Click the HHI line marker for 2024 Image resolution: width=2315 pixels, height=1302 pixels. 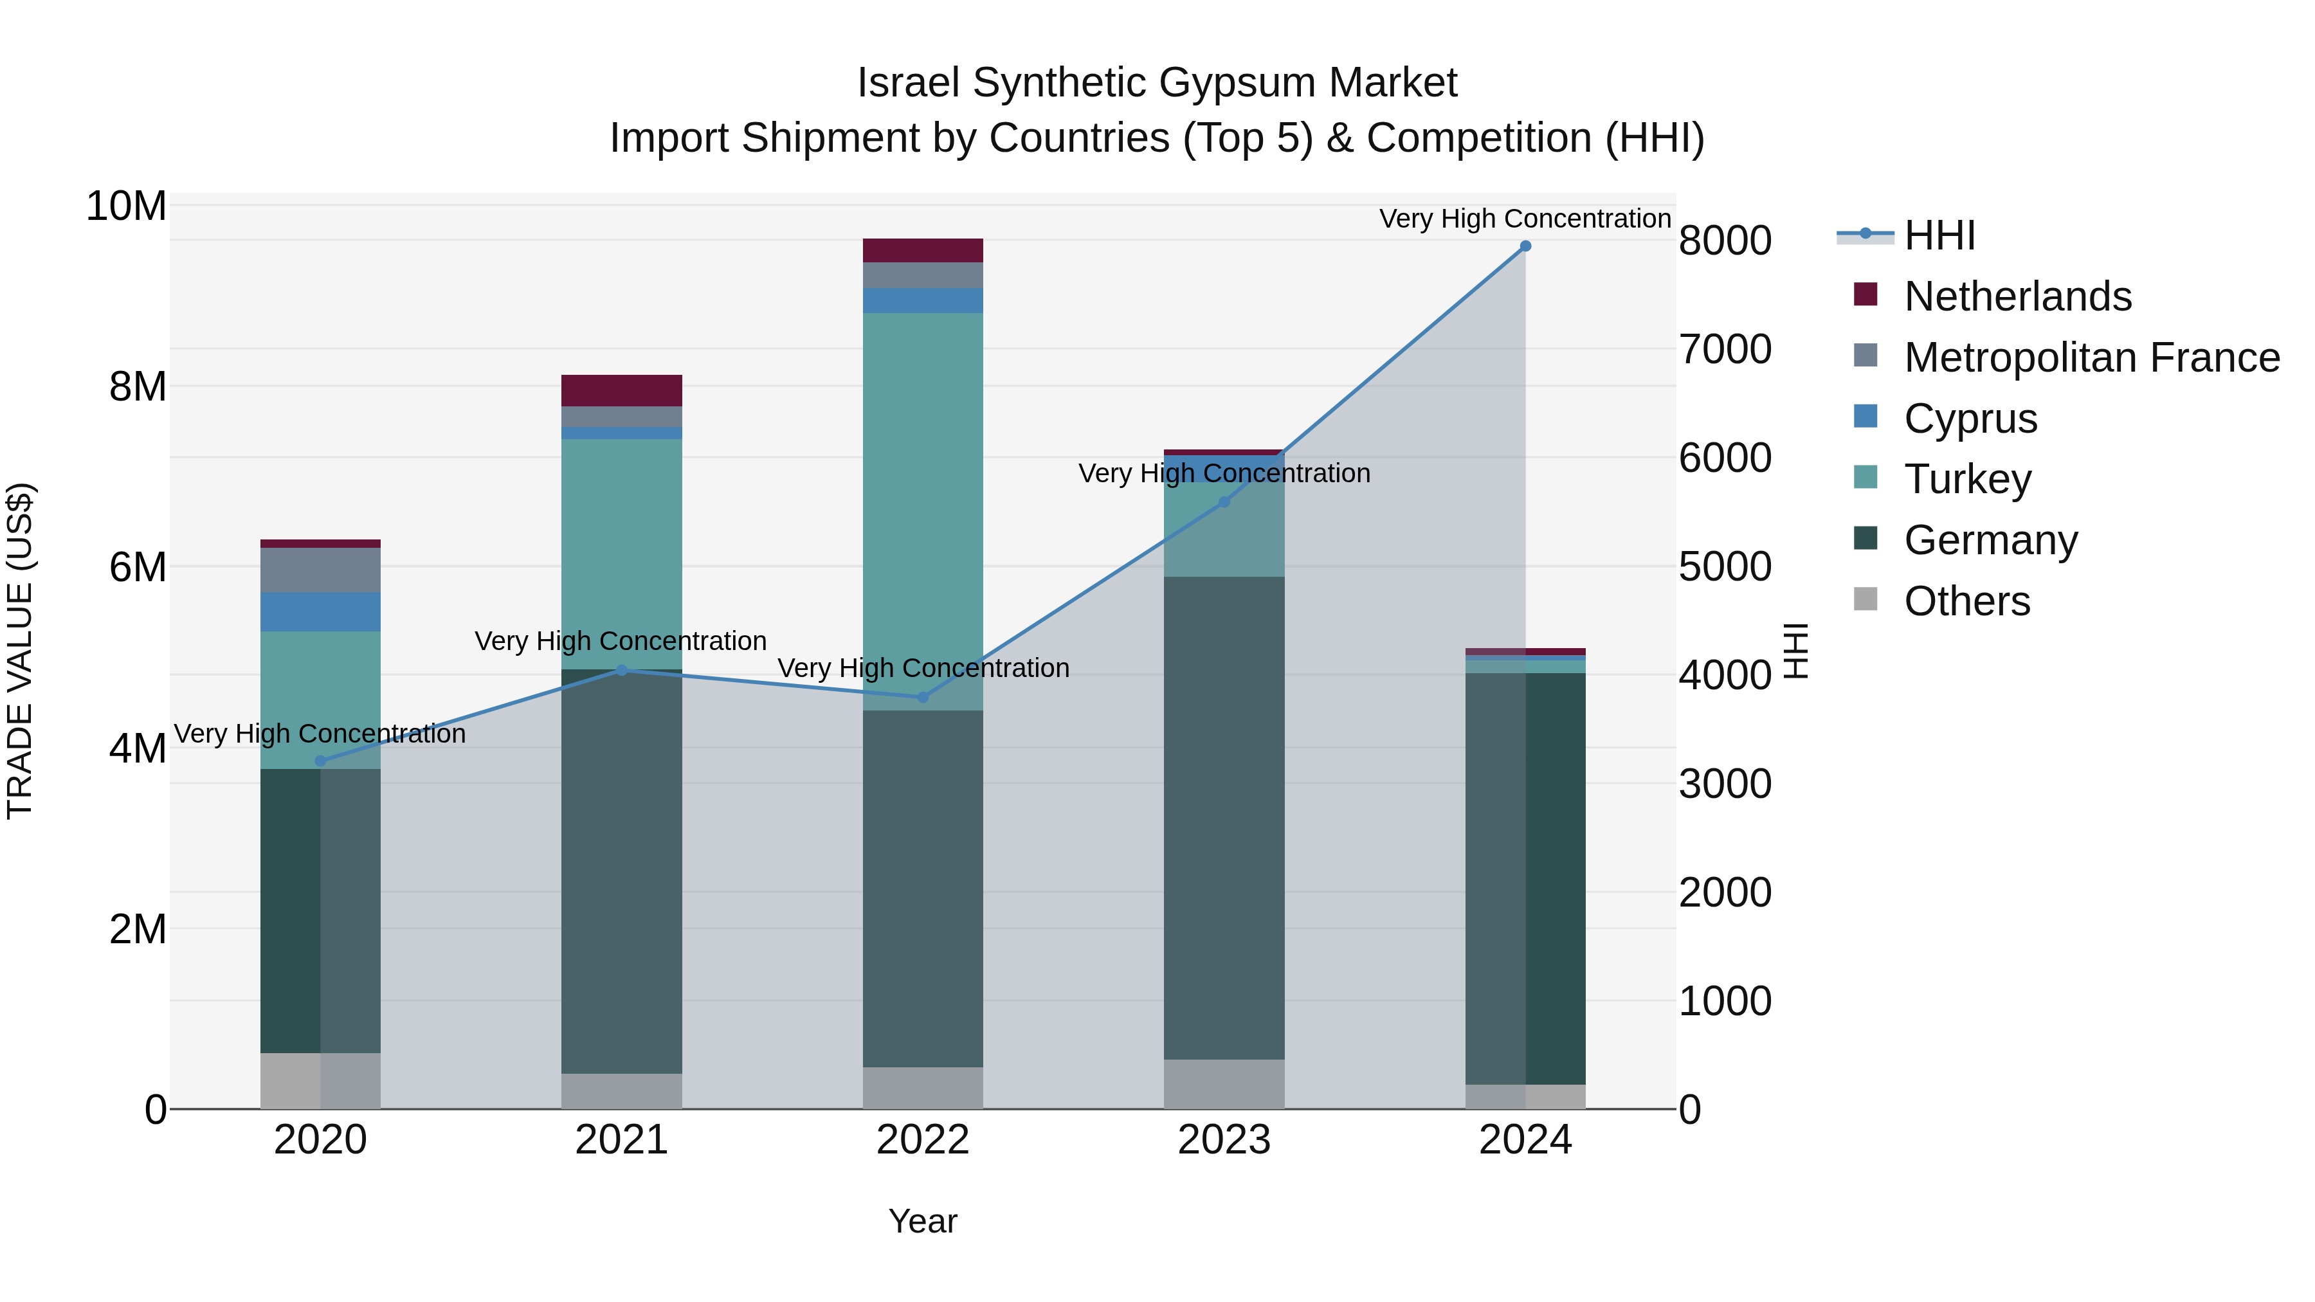(x=1525, y=246)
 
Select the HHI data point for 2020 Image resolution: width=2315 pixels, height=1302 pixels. (x=321, y=761)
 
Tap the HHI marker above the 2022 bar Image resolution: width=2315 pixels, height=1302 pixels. (x=923, y=697)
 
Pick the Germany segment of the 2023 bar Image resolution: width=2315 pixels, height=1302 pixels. (x=1224, y=818)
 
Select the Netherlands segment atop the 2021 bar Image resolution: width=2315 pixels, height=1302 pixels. (x=622, y=391)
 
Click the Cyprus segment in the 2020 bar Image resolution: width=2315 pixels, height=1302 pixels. (x=321, y=612)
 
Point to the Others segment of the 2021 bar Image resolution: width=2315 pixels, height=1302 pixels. (x=622, y=1091)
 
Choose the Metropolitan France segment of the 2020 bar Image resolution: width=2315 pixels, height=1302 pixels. (x=321, y=570)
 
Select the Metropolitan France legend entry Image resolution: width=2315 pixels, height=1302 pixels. (x=2091, y=357)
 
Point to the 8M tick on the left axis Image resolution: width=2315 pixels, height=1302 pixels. (x=138, y=387)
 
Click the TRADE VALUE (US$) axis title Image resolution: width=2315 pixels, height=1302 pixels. (x=20, y=651)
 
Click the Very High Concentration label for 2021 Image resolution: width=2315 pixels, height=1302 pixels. (x=621, y=642)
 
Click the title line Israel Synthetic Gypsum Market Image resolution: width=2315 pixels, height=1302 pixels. (x=1157, y=83)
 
